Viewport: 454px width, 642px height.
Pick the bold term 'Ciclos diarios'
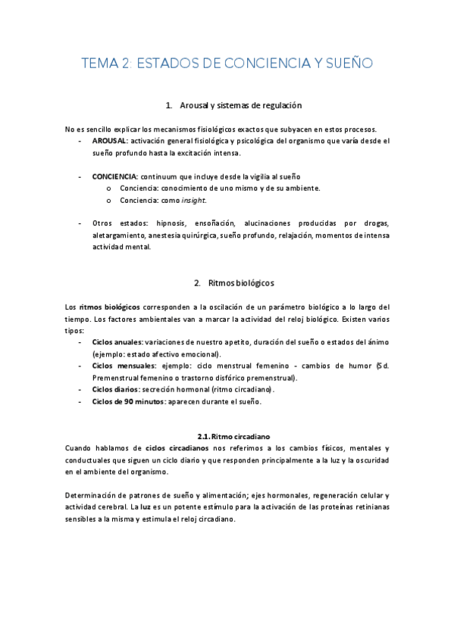(114, 389)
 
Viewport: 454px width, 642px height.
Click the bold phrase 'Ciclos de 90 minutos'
(127, 401)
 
